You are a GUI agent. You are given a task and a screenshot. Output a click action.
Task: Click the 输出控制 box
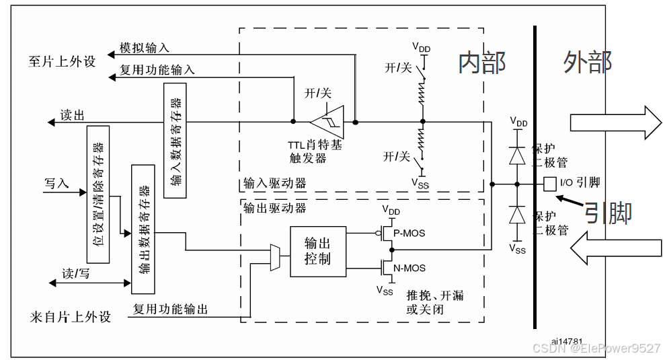point(318,252)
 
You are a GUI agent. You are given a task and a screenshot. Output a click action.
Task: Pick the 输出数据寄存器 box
point(143,228)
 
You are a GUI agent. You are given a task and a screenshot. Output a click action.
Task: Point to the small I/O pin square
point(549,183)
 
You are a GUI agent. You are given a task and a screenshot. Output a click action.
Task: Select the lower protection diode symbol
point(517,215)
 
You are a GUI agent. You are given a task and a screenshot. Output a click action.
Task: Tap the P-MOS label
point(408,233)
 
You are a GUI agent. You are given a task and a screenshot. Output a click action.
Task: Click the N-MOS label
point(408,267)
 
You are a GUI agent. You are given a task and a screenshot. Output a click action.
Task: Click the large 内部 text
point(481,63)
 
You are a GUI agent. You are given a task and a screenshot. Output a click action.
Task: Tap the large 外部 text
point(587,63)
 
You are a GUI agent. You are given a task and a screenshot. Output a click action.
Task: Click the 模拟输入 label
point(144,48)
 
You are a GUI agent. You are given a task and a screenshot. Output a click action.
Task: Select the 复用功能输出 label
point(170,310)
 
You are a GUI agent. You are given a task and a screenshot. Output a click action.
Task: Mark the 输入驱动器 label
point(274,184)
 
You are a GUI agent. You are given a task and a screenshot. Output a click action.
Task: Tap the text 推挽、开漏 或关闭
point(434,301)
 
